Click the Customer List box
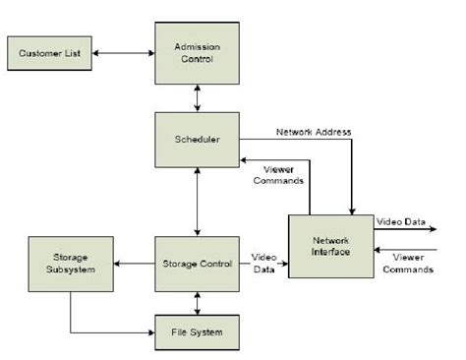coord(50,52)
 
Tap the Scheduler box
coord(198,139)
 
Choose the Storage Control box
coord(198,264)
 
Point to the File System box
coord(198,331)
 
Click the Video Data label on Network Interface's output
coord(401,222)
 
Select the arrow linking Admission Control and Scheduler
coord(198,95)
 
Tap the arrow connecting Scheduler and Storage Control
coord(198,201)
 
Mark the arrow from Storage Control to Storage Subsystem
coord(135,264)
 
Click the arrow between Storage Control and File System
coord(198,303)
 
